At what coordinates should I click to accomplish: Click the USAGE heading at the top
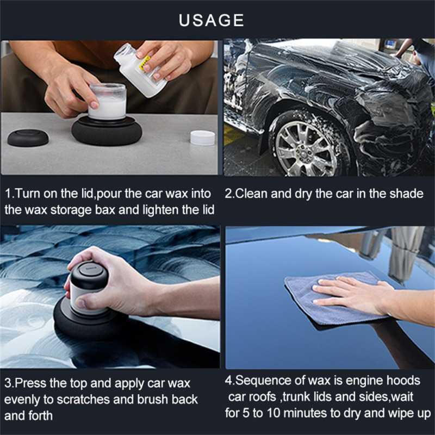coord(212,20)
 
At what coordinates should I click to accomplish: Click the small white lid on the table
coord(202,138)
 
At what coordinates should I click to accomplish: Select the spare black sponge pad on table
coord(28,136)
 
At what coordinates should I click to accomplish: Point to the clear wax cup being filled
coord(107,102)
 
